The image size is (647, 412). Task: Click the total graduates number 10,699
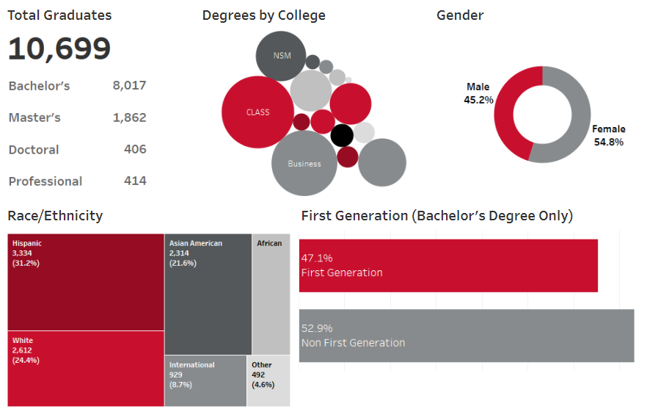pyautogui.click(x=59, y=49)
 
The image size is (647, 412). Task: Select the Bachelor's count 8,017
pyautogui.click(x=129, y=85)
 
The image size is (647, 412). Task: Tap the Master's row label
pyautogui.click(x=34, y=118)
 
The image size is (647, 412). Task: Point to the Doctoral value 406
pyautogui.click(x=135, y=149)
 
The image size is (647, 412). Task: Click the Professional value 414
pyautogui.click(x=135, y=181)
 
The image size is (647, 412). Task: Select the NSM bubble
pyautogui.click(x=281, y=57)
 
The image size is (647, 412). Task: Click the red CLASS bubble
pyautogui.click(x=257, y=112)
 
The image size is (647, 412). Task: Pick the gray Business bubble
pyautogui.click(x=304, y=163)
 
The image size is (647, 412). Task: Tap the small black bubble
pyautogui.click(x=341, y=135)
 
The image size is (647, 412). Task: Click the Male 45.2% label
pyautogui.click(x=478, y=93)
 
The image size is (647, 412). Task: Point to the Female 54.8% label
pyautogui.click(x=608, y=135)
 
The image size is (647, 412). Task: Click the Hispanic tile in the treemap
pyautogui.click(x=86, y=282)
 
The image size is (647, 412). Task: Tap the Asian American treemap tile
pyautogui.click(x=208, y=294)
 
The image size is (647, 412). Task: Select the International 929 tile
pyautogui.click(x=205, y=380)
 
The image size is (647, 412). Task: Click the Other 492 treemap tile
pyautogui.click(x=268, y=380)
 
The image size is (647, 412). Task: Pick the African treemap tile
pyautogui.click(x=271, y=294)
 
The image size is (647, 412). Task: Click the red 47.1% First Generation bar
pyautogui.click(x=448, y=265)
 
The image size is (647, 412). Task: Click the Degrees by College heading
pyautogui.click(x=263, y=15)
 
